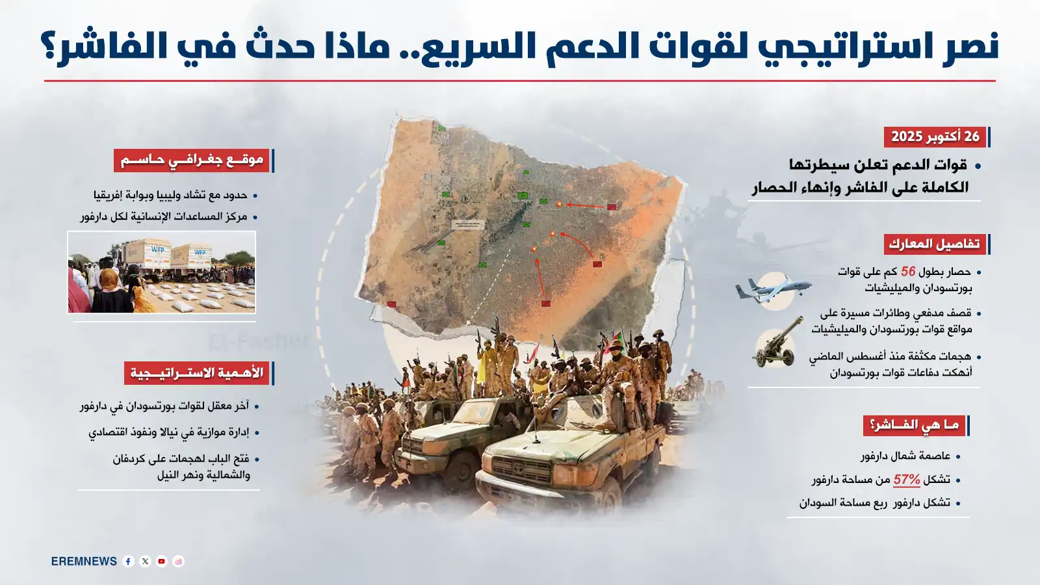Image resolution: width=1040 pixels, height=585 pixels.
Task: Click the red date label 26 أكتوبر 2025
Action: (x=935, y=136)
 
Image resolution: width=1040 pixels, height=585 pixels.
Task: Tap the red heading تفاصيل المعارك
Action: (x=934, y=244)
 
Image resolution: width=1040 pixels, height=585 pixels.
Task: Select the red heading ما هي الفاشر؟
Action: (x=914, y=426)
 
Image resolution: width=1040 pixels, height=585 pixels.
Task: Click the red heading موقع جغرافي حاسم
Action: (x=192, y=160)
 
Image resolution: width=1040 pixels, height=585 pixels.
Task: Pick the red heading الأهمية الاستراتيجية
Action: (x=196, y=373)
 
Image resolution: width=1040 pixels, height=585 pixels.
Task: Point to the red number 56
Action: (x=907, y=272)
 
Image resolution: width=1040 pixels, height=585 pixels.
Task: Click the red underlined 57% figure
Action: (x=907, y=480)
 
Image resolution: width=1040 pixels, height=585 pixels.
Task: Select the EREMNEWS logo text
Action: (x=84, y=562)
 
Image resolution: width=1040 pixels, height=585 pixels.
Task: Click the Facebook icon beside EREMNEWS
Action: (x=129, y=562)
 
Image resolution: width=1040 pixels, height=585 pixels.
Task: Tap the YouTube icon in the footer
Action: (x=162, y=562)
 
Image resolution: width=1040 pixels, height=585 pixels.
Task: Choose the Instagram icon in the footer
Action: (x=178, y=562)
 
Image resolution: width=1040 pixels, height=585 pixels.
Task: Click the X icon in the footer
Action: (x=145, y=562)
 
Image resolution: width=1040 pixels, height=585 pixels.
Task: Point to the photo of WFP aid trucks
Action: (x=162, y=272)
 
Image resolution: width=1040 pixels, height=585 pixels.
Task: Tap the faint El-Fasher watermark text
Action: (x=258, y=340)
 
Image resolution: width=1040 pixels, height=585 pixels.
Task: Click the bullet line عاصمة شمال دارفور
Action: (x=905, y=456)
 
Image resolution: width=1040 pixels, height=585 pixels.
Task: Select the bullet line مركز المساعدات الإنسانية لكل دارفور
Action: (x=164, y=216)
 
